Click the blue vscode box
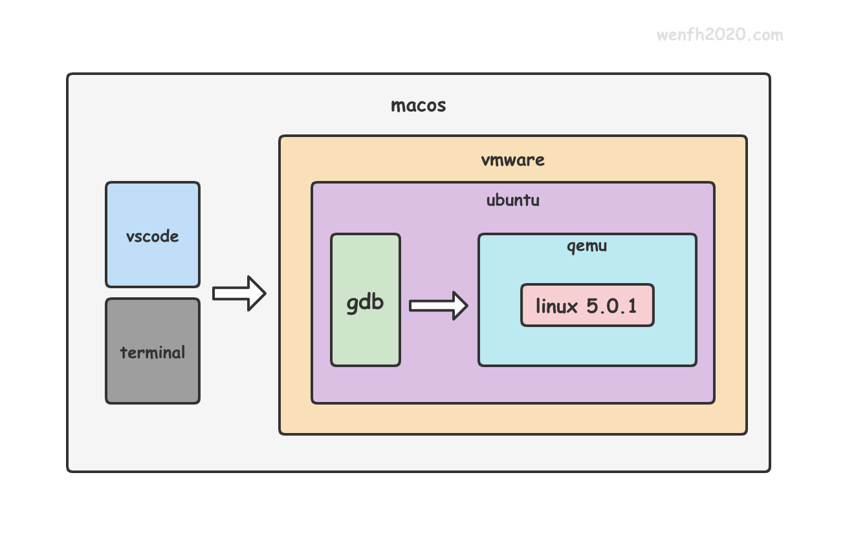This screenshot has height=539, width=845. pos(153,235)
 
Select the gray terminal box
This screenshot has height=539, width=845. pos(153,351)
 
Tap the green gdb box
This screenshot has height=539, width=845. pos(366,300)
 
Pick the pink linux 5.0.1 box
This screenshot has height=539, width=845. pos(587,305)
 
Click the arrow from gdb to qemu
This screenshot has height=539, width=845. pos(439,306)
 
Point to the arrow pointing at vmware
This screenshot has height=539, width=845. pos(239,293)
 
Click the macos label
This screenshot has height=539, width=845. pos(419,105)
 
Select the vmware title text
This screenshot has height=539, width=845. pos(512,160)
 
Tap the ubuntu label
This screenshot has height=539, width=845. pos(512,200)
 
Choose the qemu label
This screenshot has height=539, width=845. pos(587,247)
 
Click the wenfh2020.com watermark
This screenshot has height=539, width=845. pos(719,35)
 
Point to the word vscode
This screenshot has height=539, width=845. pos(153,237)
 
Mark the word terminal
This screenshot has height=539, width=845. pos(153,352)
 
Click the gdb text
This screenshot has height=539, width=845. pos(365,303)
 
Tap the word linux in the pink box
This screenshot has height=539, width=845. pos(556,306)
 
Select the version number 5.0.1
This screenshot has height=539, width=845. pos(611,306)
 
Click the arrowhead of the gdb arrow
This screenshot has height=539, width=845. pos(460,306)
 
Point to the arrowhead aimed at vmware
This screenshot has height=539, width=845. pos(257,293)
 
